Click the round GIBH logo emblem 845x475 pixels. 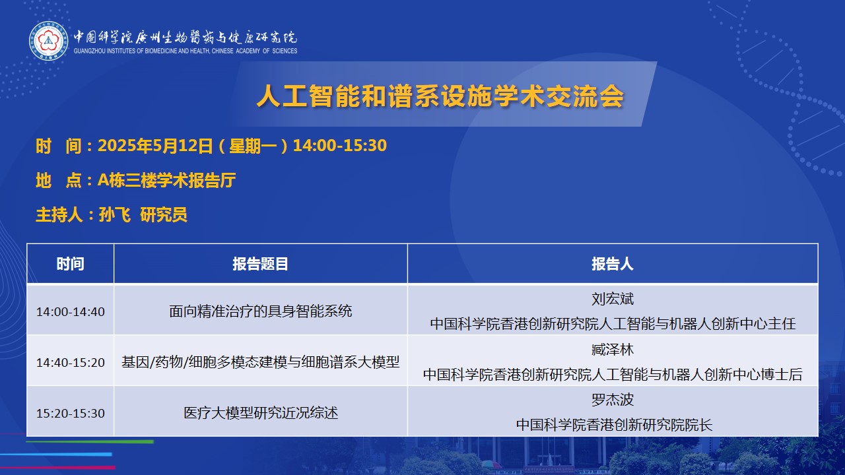pyautogui.click(x=49, y=41)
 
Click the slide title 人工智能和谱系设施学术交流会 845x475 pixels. pyautogui.click(x=440, y=96)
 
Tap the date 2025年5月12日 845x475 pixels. pyautogui.click(x=155, y=146)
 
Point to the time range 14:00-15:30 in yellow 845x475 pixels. pyautogui.click(x=340, y=146)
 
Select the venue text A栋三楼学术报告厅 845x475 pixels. pyautogui.click(x=167, y=180)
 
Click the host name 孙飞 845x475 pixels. pyautogui.click(x=115, y=215)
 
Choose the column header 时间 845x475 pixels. pyautogui.click(x=70, y=264)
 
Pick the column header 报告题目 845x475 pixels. pyautogui.click(x=260, y=264)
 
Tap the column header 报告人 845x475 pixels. pyautogui.click(x=613, y=264)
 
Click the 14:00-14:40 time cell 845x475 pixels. pyautogui.click(x=71, y=312)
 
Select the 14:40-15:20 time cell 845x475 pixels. pyautogui.click(x=71, y=362)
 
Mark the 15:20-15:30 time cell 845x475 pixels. pyautogui.click(x=71, y=413)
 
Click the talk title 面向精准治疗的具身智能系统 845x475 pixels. pyautogui.click(x=260, y=311)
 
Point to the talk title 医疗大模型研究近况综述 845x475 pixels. pyautogui.click(x=261, y=413)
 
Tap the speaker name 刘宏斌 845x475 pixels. pyautogui.click(x=613, y=299)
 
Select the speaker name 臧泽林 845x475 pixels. pyautogui.click(x=613, y=350)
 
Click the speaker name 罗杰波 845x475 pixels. pyautogui.click(x=613, y=400)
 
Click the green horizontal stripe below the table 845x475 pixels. pyautogui.click(x=90, y=441)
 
